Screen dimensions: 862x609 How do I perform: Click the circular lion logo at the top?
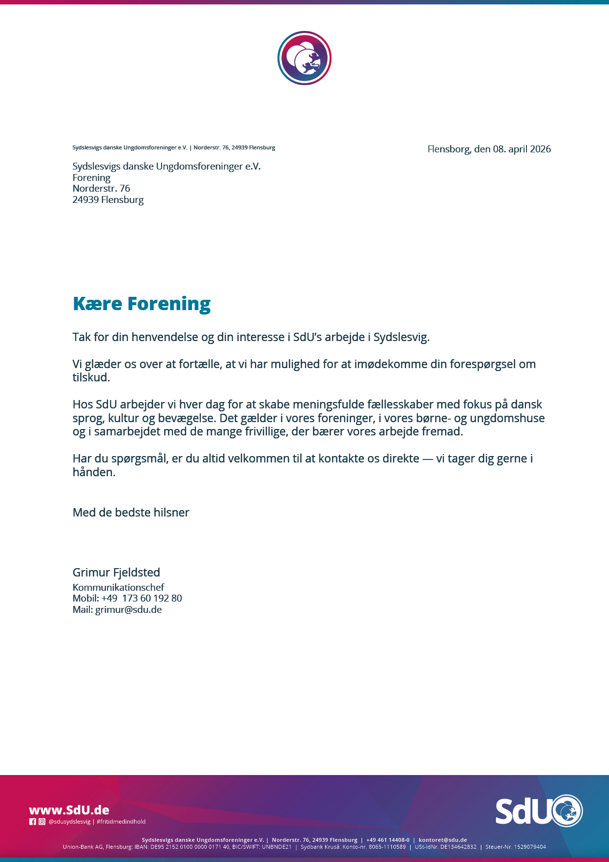click(304, 58)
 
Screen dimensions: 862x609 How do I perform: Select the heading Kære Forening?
click(141, 304)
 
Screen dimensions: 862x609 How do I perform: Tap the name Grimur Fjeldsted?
click(116, 573)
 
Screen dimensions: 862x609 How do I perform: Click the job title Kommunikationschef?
click(118, 587)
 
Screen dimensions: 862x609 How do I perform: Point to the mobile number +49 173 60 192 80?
click(141, 598)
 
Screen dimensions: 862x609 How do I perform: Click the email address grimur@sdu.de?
click(128, 609)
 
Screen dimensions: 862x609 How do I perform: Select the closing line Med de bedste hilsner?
click(131, 513)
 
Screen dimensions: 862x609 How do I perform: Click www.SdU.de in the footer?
click(69, 810)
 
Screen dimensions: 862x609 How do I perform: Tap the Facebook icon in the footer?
click(32, 822)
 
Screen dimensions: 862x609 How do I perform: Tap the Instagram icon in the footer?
click(42, 822)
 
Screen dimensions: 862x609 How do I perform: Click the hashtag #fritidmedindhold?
click(121, 822)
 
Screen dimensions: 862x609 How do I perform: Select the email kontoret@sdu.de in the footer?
click(443, 840)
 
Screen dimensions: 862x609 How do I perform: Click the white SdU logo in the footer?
click(538, 810)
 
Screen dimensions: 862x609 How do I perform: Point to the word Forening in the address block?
click(91, 177)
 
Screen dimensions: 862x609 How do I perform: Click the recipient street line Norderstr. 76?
click(101, 188)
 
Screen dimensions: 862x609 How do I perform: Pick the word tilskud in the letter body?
click(91, 377)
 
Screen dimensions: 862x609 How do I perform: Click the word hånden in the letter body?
click(93, 472)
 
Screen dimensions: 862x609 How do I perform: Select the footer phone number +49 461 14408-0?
click(388, 840)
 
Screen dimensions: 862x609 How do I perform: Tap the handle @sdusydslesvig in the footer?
click(69, 822)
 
